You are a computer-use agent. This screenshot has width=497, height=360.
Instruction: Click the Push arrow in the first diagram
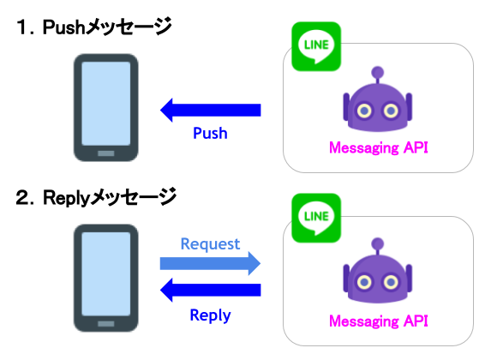(211, 110)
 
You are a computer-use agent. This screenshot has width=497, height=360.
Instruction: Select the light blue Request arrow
(211, 263)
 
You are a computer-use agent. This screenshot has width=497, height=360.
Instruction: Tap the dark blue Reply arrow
(211, 290)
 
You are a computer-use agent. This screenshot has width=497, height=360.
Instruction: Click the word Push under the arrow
(210, 133)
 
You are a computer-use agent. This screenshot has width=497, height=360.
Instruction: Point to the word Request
(210, 244)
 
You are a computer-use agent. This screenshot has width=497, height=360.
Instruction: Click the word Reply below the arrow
(210, 315)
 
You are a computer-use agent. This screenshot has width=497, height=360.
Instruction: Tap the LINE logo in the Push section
(316, 46)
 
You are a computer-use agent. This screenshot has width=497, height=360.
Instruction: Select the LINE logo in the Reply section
(316, 218)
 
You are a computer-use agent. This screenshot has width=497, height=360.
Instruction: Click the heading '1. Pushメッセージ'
(94, 27)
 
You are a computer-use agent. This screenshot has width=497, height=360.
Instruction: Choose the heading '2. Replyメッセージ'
(96, 197)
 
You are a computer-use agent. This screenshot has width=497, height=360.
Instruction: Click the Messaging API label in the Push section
(379, 148)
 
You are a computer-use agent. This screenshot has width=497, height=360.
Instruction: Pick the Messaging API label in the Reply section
(379, 321)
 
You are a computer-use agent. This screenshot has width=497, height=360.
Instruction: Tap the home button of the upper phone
(106, 153)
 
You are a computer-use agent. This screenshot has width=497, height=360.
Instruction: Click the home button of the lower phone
(106, 324)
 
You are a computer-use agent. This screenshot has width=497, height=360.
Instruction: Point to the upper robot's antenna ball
(378, 73)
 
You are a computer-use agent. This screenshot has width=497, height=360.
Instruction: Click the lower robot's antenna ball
(378, 244)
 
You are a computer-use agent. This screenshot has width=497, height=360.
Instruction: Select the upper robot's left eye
(364, 111)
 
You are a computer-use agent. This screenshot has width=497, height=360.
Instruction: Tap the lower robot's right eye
(391, 282)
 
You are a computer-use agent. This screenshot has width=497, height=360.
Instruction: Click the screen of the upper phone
(106, 104)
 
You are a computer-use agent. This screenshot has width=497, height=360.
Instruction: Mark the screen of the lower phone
(106, 274)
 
